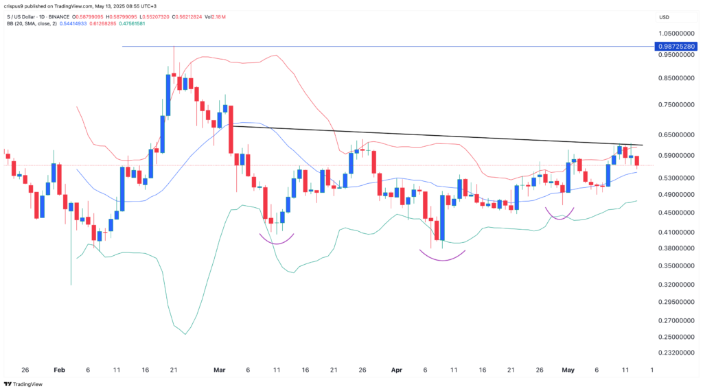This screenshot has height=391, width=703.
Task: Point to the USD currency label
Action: click(x=664, y=17)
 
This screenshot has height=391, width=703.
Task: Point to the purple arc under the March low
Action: click(x=277, y=239)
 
